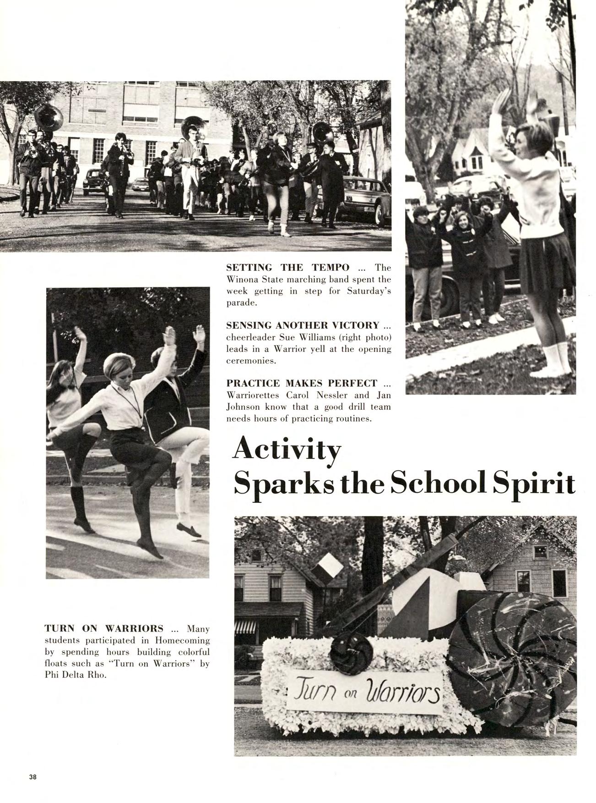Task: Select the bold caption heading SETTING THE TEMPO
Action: (288, 268)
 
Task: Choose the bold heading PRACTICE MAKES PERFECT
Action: (302, 383)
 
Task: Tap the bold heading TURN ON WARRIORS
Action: (104, 628)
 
